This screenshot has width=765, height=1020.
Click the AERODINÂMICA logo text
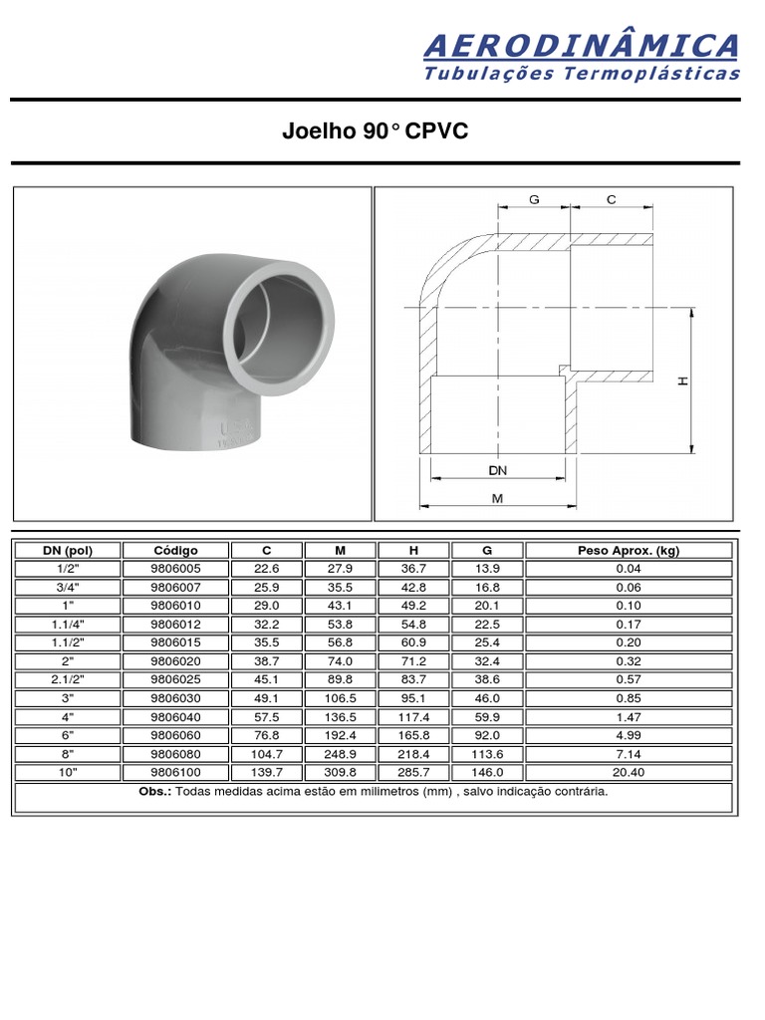(582, 45)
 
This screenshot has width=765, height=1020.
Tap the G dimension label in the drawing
(534, 200)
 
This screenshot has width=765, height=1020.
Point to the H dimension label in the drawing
(683, 381)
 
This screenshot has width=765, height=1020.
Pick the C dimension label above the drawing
(612, 200)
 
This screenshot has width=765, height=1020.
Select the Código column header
(175, 551)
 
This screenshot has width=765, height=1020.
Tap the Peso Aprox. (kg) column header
(628, 551)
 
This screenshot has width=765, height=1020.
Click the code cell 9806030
(175, 698)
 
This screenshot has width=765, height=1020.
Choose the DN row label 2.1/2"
(68, 679)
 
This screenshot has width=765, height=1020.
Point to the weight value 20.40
(628, 772)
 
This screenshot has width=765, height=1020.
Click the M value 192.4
(341, 735)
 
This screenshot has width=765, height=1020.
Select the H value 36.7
(413, 569)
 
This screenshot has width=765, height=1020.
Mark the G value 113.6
(487, 754)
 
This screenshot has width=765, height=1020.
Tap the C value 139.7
(267, 772)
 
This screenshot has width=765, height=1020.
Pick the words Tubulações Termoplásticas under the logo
(582, 74)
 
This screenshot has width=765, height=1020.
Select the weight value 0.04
(628, 569)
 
